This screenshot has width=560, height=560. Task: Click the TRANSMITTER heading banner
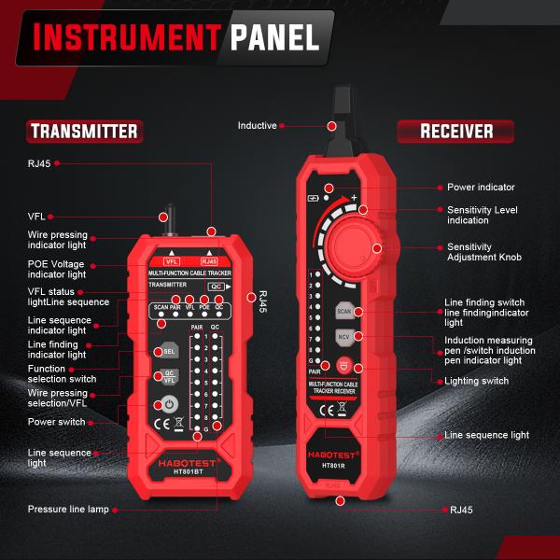pyautogui.click(x=84, y=131)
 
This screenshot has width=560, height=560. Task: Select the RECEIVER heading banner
pyautogui.click(x=456, y=131)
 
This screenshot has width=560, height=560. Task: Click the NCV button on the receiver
pyautogui.click(x=343, y=335)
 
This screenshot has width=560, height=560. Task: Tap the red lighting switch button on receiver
pyautogui.click(x=343, y=366)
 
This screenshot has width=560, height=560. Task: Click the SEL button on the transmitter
pyautogui.click(x=169, y=352)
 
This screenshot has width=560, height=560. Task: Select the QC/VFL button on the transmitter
pyautogui.click(x=169, y=377)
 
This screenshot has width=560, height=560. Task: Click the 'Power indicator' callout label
pyautogui.click(x=481, y=188)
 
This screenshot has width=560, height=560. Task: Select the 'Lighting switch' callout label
pyautogui.click(x=477, y=382)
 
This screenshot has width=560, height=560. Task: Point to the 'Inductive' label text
pyautogui.click(x=257, y=125)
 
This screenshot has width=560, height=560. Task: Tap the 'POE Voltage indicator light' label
pyautogui.click(x=57, y=270)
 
